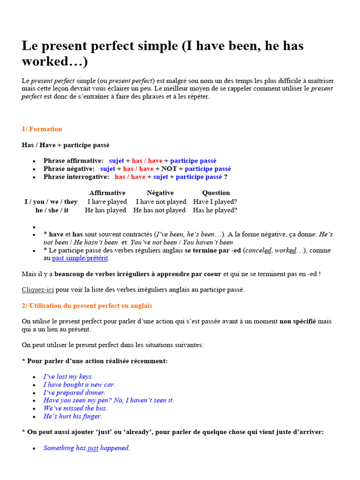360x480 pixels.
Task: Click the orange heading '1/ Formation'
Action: (42, 129)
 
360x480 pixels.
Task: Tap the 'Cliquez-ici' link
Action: (37, 290)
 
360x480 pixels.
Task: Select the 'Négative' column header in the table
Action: (160, 193)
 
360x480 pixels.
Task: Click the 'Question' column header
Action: (216, 193)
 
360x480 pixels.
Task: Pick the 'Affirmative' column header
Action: (107, 193)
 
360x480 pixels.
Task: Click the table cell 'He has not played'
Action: (159, 210)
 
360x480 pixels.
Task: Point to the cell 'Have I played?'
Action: (215, 202)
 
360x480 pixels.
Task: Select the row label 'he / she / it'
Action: (52, 210)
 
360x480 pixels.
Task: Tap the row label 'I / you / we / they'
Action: (51, 202)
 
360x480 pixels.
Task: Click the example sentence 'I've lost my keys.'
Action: (68, 376)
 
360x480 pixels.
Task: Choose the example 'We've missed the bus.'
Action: (75, 408)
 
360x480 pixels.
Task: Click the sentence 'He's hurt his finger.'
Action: (73, 416)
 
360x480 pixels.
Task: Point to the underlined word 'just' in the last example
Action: (93, 448)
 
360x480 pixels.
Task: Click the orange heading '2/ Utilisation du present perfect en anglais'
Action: (87, 306)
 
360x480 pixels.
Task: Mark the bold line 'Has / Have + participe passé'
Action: (66, 145)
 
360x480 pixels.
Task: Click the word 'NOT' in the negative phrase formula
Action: (169, 169)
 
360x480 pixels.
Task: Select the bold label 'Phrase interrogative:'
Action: (76, 177)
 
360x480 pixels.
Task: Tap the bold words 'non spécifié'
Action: (298, 322)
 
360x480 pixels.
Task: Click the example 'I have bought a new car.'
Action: (79, 384)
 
